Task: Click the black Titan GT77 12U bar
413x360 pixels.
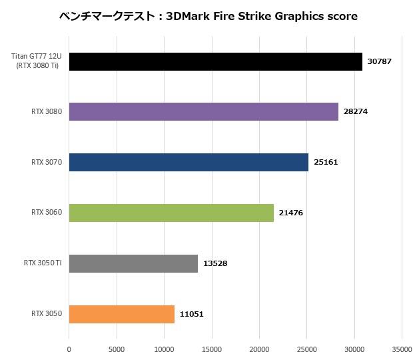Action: pyautogui.click(x=215, y=61)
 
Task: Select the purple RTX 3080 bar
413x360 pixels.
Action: pyautogui.click(x=203, y=112)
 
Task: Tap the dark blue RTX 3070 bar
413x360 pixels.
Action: pyautogui.click(x=189, y=162)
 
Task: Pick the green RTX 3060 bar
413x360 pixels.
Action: pyautogui.click(x=171, y=213)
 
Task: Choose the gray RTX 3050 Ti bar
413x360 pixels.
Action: pyautogui.click(x=133, y=263)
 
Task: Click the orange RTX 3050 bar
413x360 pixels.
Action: pyautogui.click(x=122, y=314)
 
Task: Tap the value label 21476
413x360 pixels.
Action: pyautogui.click(x=290, y=213)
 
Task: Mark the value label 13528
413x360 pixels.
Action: pyautogui.click(x=214, y=263)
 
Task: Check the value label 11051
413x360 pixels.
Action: pyautogui.click(x=191, y=314)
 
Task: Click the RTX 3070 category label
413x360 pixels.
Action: pyautogui.click(x=47, y=162)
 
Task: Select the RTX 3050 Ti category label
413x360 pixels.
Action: pyautogui.click(x=42, y=263)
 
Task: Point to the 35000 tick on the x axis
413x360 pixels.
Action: pyautogui.click(x=401, y=348)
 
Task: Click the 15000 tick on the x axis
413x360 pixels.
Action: pyautogui.click(x=212, y=348)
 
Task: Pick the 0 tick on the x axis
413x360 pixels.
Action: pyautogui.click(x=69, y=348)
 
